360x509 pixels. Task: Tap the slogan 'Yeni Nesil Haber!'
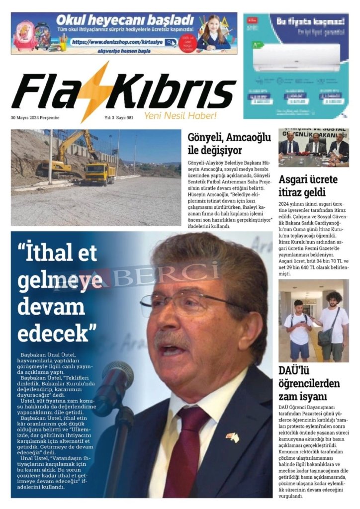tap(180, 116)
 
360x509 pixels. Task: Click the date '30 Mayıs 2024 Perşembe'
tap(35, 118)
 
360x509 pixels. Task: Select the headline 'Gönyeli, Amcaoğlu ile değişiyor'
tap(229, 143)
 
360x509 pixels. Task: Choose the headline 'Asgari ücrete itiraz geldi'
tap(308, 186)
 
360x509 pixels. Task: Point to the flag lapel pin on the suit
tap(232, 437)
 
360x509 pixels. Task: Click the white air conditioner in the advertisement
tap(296, 57)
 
